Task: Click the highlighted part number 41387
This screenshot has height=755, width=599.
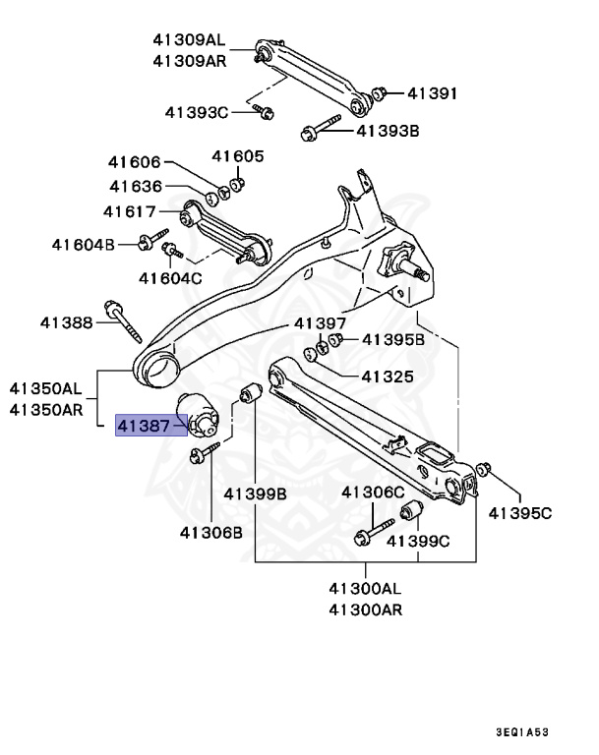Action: (150, 425)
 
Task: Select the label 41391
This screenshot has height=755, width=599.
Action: (432, 94)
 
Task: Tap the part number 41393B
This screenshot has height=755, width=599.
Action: (388, 129)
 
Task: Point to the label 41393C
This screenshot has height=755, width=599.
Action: (196, 113)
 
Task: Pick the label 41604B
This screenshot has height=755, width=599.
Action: (84, 243)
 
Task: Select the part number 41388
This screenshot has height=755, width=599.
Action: (66, 321)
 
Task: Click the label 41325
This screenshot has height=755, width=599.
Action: (387, 376)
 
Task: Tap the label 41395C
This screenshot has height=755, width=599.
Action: (520, 511)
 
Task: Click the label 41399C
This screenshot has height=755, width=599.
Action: (418, 540)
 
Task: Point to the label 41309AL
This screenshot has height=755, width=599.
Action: (189, 40)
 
